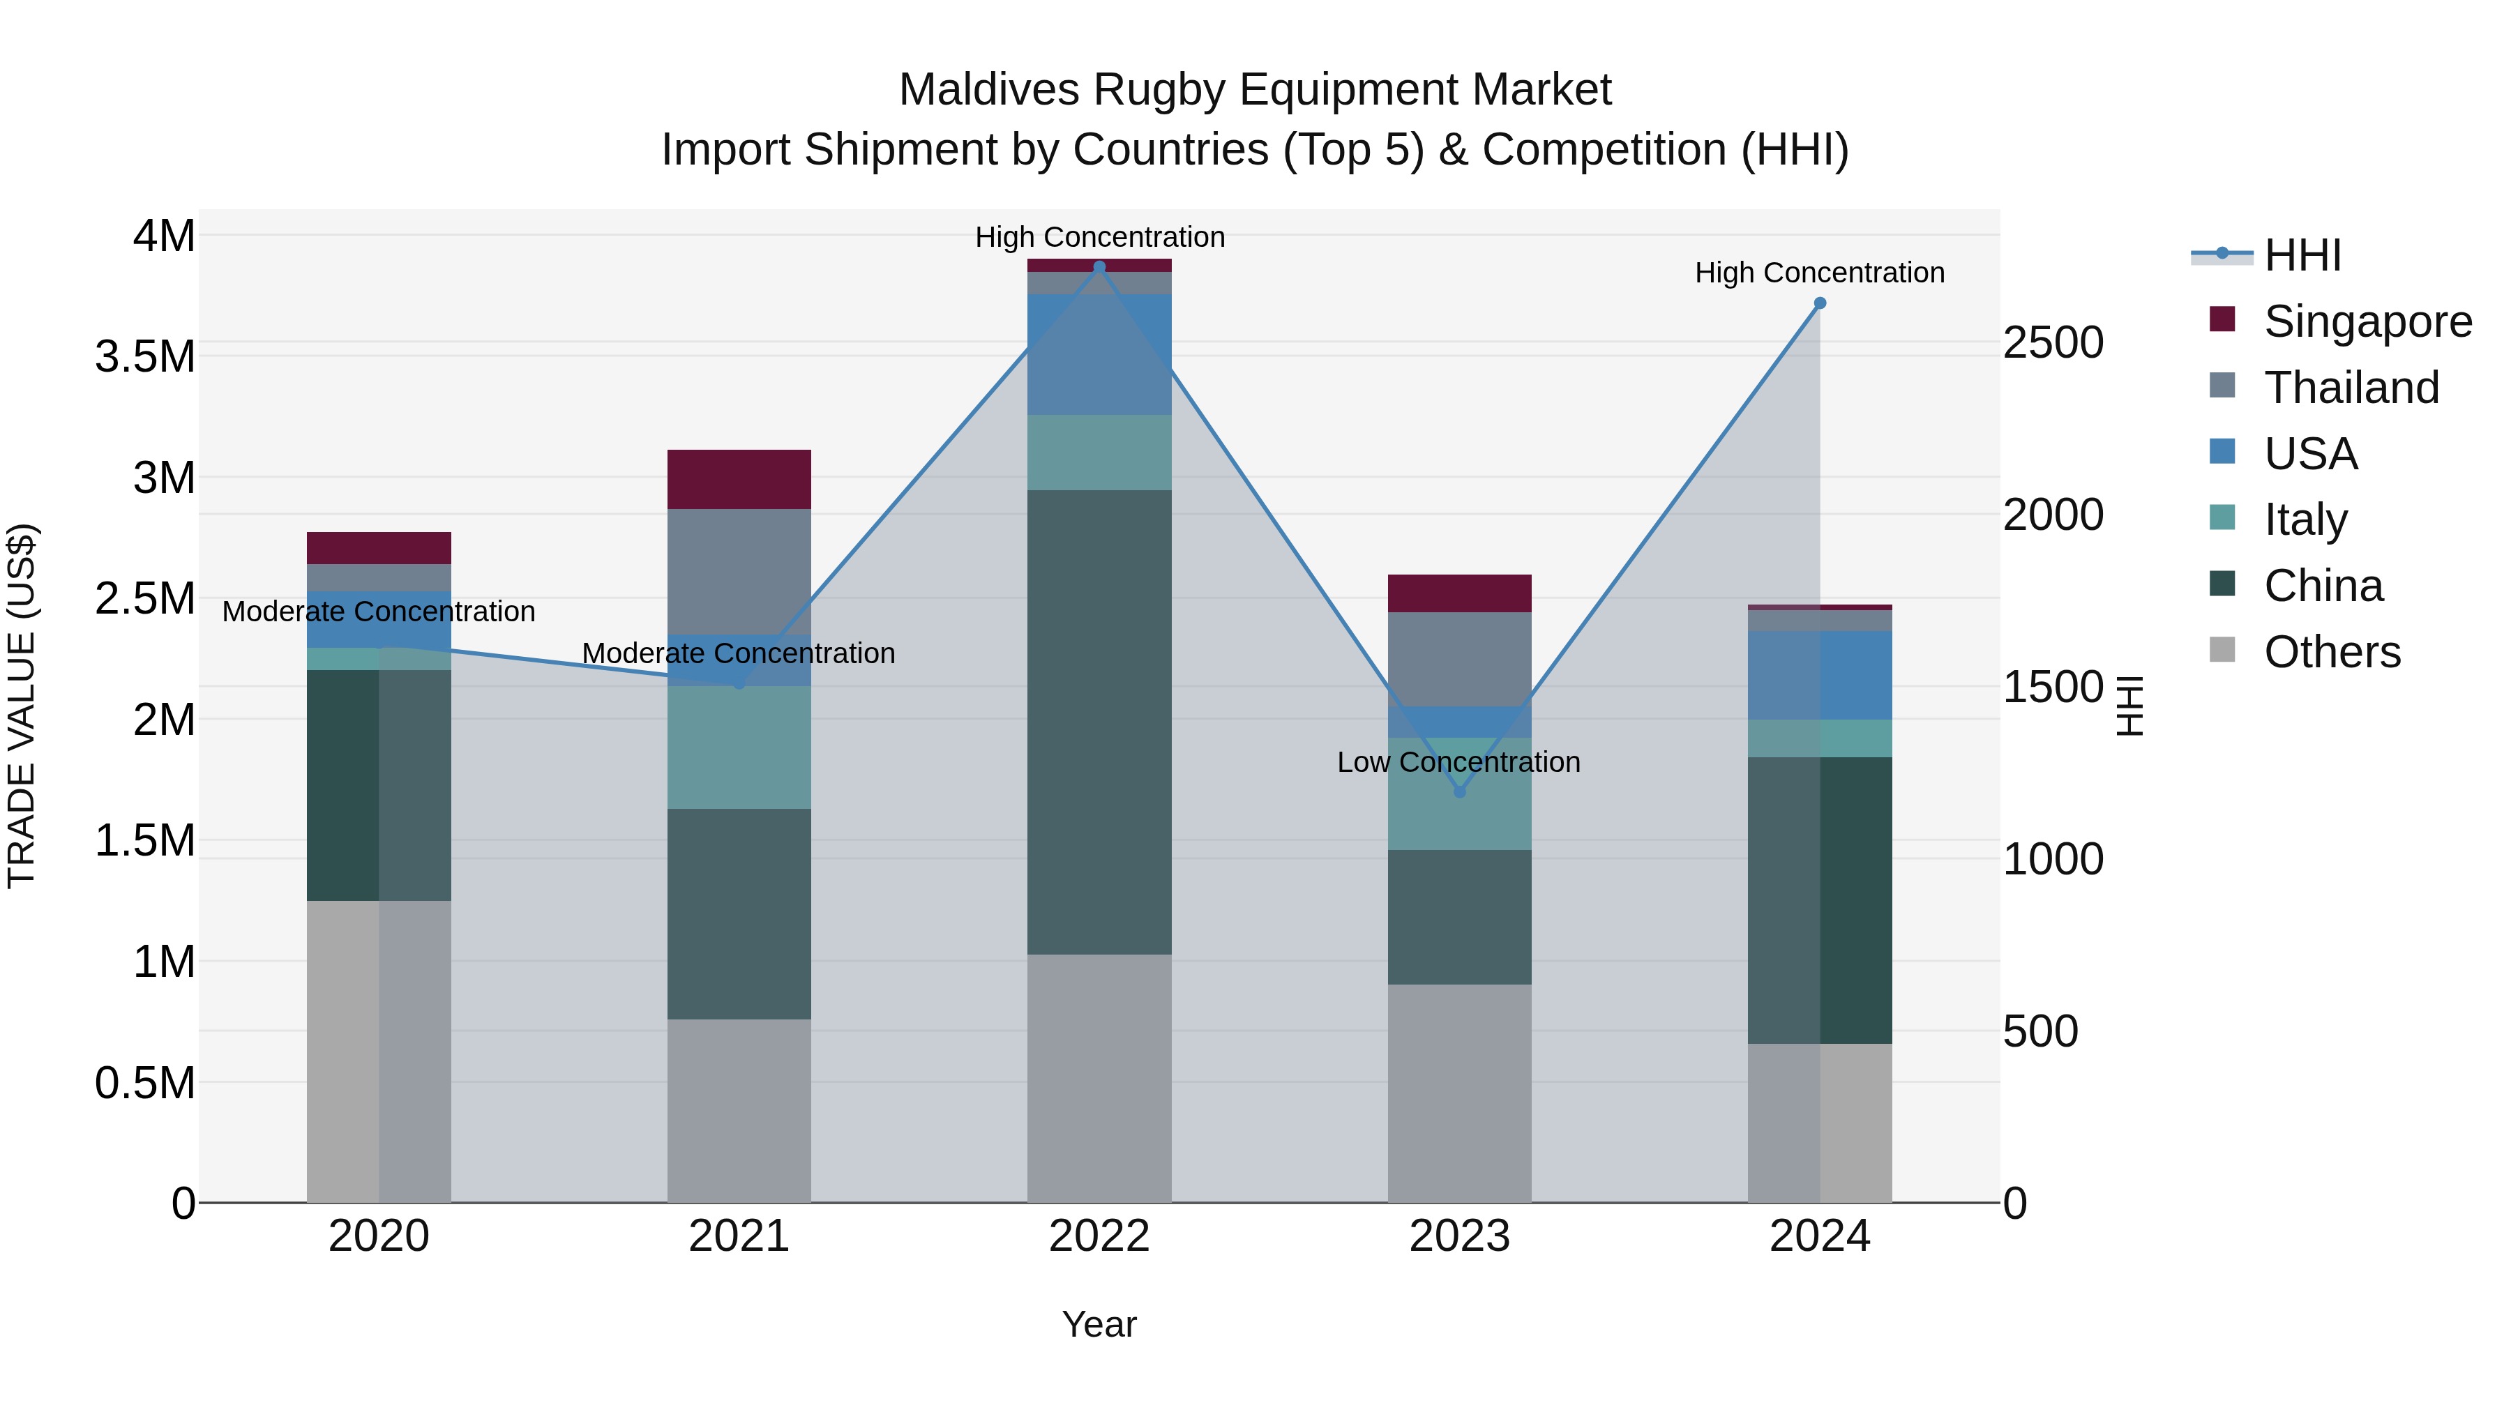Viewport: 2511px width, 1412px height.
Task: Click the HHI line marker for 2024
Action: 1819,303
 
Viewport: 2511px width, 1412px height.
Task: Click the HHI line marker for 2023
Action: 1459,791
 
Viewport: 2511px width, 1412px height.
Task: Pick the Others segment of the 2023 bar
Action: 1459,1093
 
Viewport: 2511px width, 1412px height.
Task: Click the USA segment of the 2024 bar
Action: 1819,675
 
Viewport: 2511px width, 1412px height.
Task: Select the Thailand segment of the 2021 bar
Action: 739,571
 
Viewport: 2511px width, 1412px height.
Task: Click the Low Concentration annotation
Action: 1458,762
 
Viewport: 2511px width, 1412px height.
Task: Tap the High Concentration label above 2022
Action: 1099,237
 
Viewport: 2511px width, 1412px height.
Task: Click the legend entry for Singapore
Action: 2367,321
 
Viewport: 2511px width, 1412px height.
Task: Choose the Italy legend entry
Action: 2305,519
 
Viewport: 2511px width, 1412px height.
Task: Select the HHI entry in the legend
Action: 2302,255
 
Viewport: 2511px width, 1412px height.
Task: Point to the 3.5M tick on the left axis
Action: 144,356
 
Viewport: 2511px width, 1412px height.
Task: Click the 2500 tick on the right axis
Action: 2053,343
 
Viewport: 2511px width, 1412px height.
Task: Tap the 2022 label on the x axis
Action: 1099,1236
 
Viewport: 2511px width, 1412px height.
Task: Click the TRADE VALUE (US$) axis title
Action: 22,706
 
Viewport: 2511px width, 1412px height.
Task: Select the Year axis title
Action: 1099,1324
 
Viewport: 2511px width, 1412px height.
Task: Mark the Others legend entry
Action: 2332,652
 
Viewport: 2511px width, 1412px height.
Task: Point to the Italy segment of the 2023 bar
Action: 1459,794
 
